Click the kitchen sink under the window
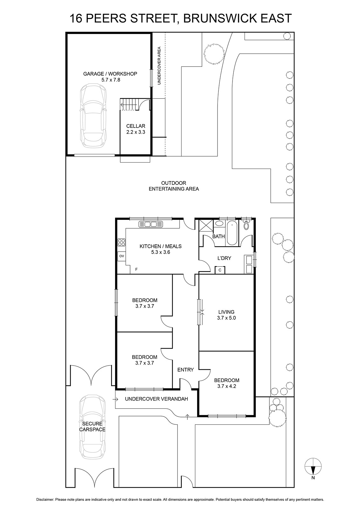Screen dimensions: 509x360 pos(151,224)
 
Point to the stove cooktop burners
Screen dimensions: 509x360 pos(121,242)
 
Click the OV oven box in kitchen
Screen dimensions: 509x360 pos(121,256)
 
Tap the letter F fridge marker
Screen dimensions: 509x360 pos(136,269)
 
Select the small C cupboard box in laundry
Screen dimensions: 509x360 pos(220,270)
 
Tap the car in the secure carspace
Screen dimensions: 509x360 pos(92,426)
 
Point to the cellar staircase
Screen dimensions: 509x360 pos(128,105)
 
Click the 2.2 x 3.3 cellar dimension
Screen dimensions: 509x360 pos(135,132)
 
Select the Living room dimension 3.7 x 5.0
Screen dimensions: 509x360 pos(226,318)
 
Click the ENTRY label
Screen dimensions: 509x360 pos(185,370)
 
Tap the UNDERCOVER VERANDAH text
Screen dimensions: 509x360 pos(156,399)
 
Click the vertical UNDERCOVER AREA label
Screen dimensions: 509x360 pos(159,66)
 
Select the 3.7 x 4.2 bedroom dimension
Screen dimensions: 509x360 pos(226,386)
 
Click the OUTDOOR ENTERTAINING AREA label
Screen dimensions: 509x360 pos(174,186)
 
